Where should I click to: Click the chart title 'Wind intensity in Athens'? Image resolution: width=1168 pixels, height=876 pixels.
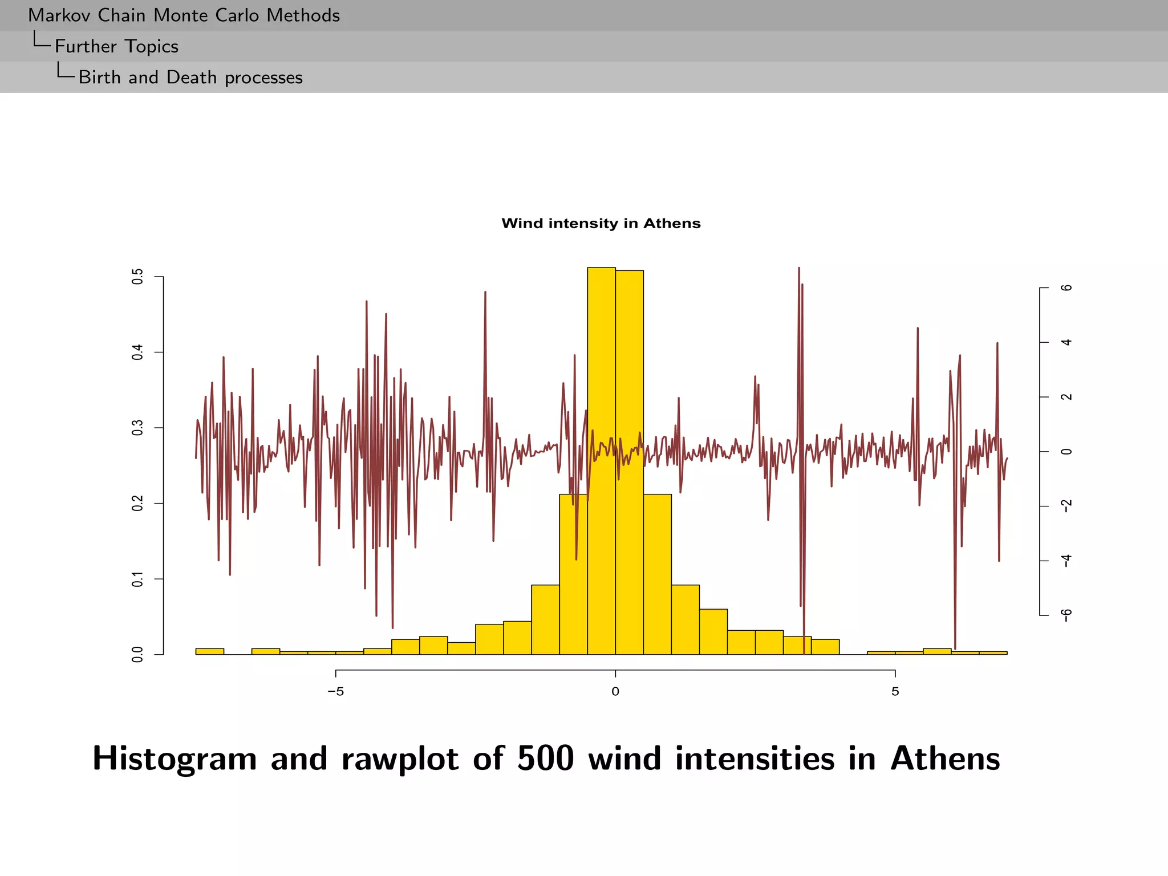[601, 223]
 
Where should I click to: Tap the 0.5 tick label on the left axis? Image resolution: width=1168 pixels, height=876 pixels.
[137, 277]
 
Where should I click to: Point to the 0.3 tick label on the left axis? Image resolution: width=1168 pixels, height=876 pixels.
[137, 428]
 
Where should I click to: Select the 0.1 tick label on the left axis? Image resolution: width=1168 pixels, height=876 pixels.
[137, 579]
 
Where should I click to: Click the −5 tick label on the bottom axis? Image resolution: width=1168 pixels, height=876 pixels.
[335, 692]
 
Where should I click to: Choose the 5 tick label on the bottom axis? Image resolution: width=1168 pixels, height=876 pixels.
[895, 692]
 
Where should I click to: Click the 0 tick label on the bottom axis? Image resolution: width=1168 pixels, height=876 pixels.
[615, 692]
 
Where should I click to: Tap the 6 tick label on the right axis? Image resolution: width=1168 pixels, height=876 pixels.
[1066, 288]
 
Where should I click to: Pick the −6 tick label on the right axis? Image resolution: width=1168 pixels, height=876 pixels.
[1066, 615]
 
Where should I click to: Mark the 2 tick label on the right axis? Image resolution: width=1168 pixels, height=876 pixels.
[1066, 397]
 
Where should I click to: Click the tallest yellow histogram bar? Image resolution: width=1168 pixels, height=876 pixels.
[601, 456]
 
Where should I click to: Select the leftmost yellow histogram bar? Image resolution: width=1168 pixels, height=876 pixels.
[209, 651]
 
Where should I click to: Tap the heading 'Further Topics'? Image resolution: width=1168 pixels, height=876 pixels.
[116, 46]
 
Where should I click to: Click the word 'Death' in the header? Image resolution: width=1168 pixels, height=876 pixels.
[192, 77]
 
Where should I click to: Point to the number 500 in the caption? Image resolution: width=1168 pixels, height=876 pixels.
[545, 759]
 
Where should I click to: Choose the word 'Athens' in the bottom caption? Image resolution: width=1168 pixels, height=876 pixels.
[945, 759]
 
